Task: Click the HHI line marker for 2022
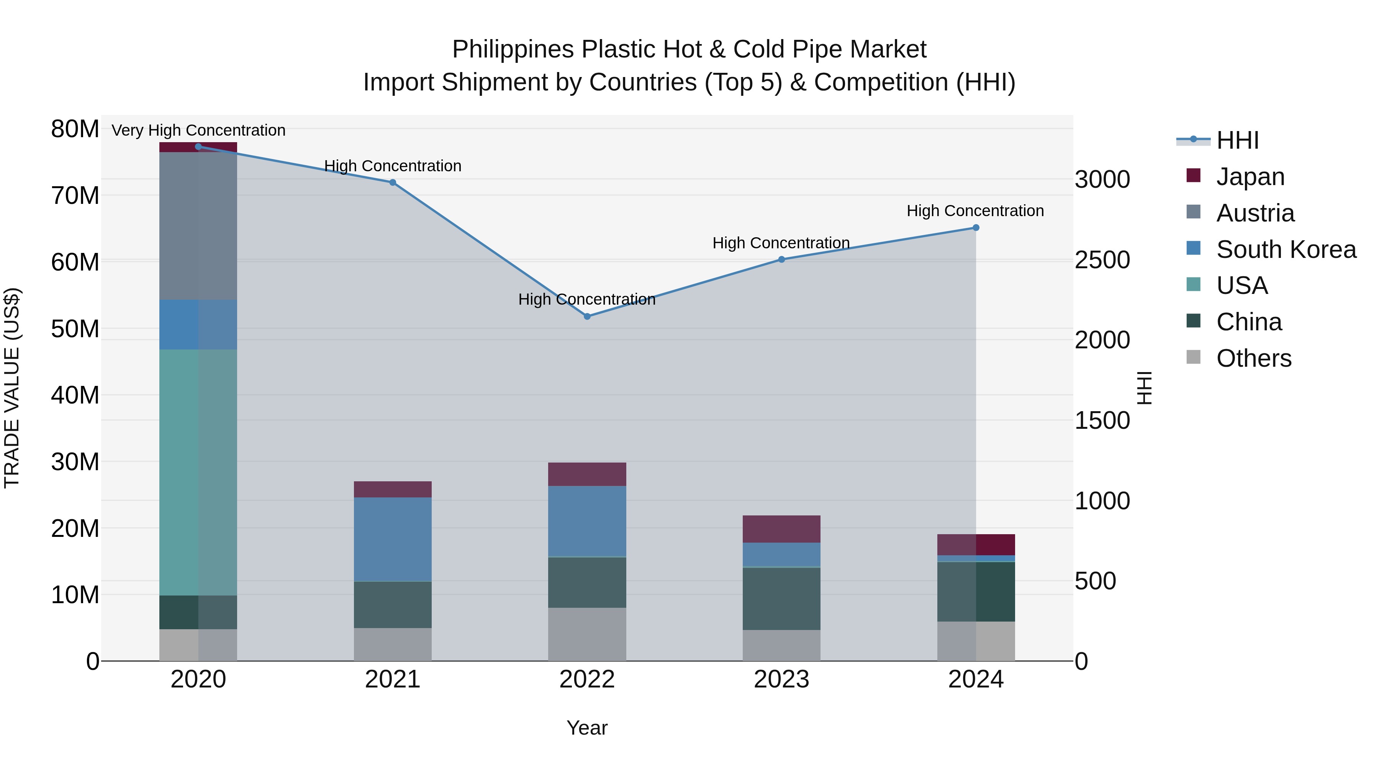coord(587,317)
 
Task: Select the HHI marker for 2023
coord(781,260)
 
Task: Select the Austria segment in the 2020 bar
coord(198,226)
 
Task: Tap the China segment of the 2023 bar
coord(781,599)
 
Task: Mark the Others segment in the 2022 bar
coord(587,634)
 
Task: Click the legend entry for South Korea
coord(1286,249)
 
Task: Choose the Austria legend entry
coord(1255,213)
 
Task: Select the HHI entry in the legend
coord(1237,140)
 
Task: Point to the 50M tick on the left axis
coord(75,329)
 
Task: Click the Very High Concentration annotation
coord(198,131)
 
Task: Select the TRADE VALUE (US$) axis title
coord(12,388)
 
